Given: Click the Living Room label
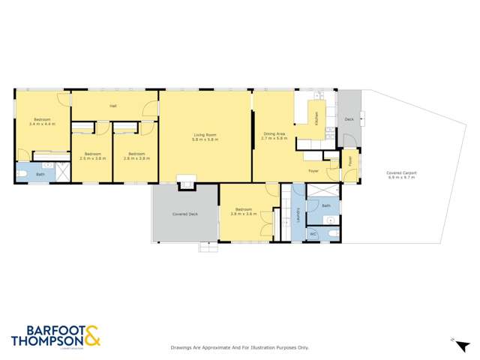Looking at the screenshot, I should (x=205, y=133).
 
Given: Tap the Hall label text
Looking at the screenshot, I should (x=113, y=106).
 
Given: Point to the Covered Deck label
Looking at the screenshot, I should (x=184, y=214).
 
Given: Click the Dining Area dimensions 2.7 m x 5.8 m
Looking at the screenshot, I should (x=274, y=139).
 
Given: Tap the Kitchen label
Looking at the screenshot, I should (x=317, y=118).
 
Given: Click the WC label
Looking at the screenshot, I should (x=313, y=235).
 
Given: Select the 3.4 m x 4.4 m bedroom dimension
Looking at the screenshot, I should (x=42, y=124).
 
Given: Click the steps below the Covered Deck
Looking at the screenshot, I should (x=207, y=245).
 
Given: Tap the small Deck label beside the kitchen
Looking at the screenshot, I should (x=349, y=119).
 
